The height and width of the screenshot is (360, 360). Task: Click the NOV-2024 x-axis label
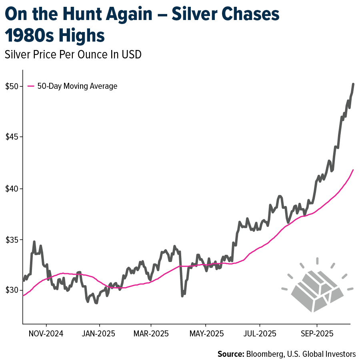46,333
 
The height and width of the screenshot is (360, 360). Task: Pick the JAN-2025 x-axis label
99,333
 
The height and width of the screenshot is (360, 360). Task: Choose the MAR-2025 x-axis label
151,333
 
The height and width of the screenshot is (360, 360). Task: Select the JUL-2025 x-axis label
260,333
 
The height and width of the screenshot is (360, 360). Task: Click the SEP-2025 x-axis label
316,333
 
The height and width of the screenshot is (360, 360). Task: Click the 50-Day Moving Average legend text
77,86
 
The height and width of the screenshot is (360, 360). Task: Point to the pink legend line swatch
31,86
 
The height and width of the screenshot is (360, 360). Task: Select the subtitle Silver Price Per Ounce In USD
73,55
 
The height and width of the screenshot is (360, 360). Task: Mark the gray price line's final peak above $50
353,84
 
